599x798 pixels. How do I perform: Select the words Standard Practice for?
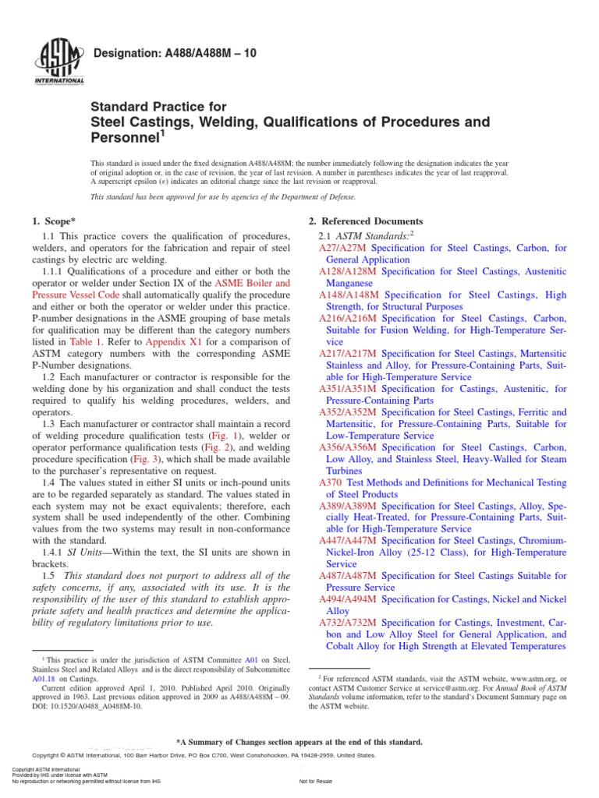pos(159,107)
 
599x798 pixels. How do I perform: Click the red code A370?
pos(331,482)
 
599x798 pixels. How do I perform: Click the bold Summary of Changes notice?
pos(299,742)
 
